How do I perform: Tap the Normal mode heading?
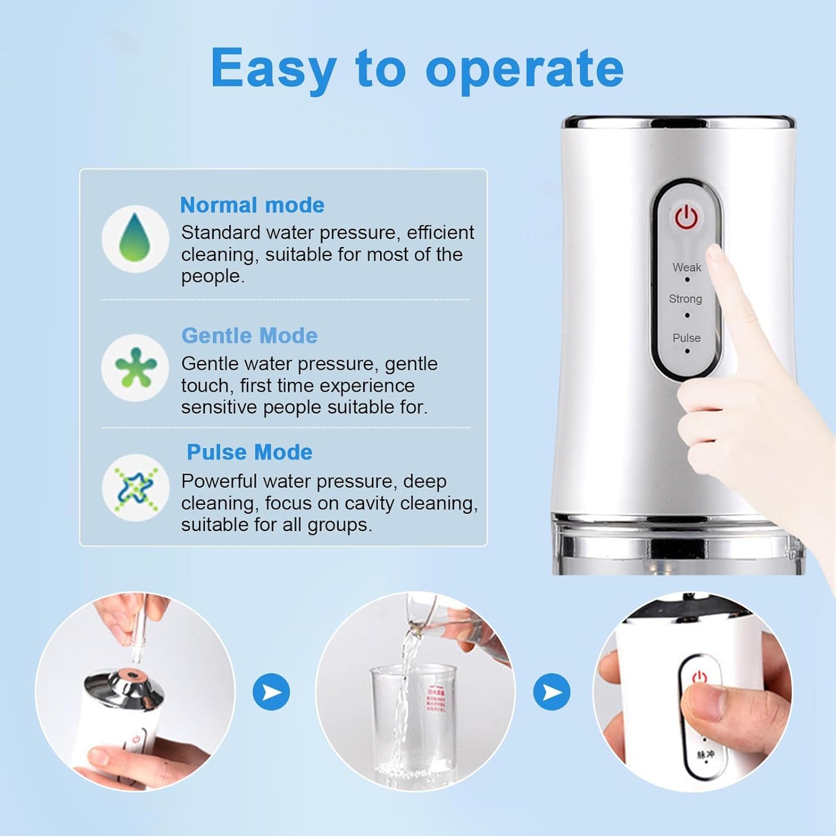(x=252, y=205)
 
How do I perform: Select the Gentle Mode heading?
(x=249, y=336)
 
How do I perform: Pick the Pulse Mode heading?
(x=249, y=452)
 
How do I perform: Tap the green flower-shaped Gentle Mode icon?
(x=135, y=367)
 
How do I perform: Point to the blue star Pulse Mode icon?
(x=135, y=487)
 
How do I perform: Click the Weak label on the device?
(x=686, y=267)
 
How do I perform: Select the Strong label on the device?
(x=685, y=299)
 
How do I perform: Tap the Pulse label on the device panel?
(x=686, y=338)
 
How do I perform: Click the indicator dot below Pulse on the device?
(x=687, y=351)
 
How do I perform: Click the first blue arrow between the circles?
(x=271, y=692)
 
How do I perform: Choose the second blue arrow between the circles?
(x=552, y=692)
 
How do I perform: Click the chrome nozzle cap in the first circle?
(x=124, y=686)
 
